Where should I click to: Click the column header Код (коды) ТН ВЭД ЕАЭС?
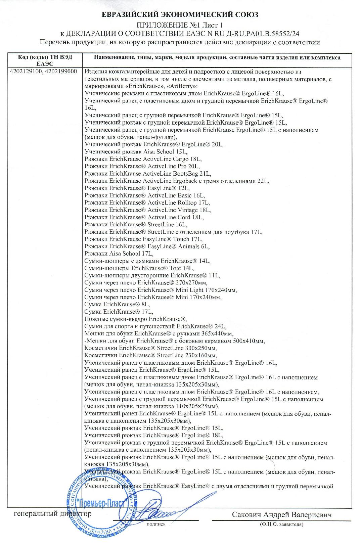point(45,60)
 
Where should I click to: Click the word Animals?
point(190,246)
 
